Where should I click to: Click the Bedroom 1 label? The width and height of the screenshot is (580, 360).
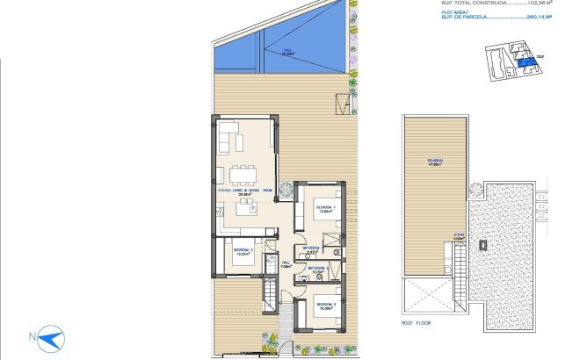click(326, 209)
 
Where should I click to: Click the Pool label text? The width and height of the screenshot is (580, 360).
click(286, 52)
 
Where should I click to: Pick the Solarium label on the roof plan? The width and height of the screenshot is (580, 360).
click(434, 162)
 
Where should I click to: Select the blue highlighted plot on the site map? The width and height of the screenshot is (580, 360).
click(525, 63)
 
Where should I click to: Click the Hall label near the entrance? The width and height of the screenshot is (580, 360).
click(285, 264)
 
